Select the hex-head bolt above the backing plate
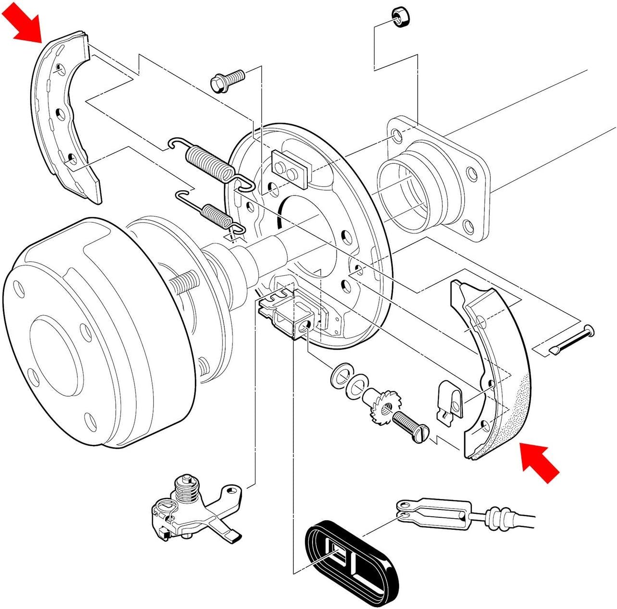tap(227, 79)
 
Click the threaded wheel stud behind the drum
tap(184, 284)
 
